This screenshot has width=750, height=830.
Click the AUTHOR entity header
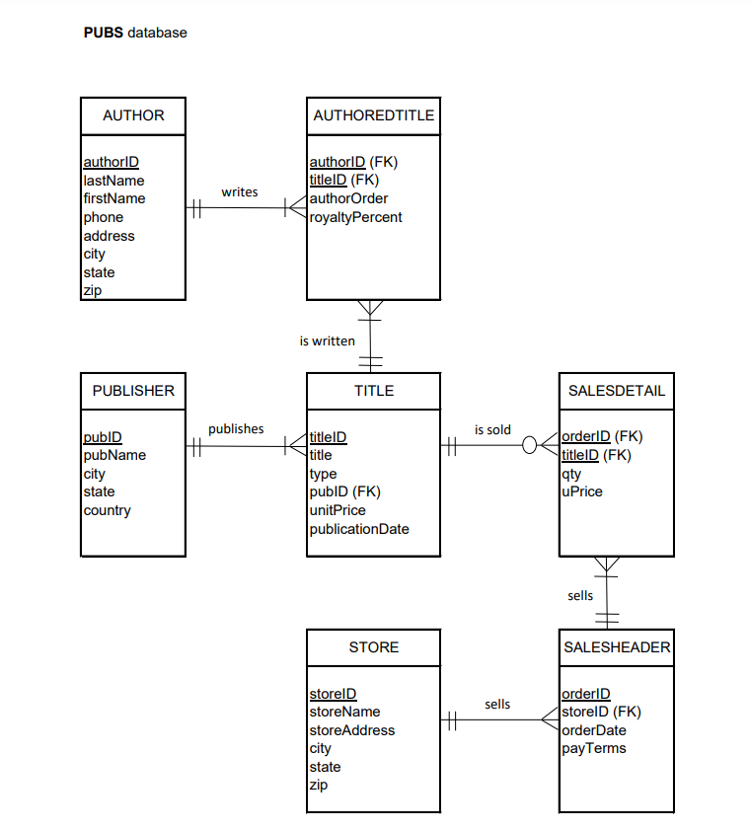tap(133, 115)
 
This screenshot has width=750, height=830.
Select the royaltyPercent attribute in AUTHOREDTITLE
tap(356, 217)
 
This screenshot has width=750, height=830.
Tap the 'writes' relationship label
tap(240, 191)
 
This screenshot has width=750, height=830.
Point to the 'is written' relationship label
tap(327, 340)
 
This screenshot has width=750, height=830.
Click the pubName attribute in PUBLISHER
tap(114, 455)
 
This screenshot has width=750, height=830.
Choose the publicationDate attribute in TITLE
tap(359, 529)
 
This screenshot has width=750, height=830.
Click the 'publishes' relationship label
tap(236, 428)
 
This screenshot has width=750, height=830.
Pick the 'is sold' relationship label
tap(492, 429)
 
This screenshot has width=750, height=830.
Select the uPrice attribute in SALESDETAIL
tap(582, 491)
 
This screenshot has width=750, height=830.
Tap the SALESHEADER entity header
tap(617, 647)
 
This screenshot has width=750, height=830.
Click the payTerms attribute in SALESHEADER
tap(594, 748)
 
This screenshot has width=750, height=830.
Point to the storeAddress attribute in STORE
tap(352, 730)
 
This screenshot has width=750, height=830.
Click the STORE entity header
tap(374, 647)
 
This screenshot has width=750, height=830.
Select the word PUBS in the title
tap(104, 33)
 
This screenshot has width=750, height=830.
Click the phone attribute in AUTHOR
tap(104, 217)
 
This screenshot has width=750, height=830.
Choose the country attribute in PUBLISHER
tap(108, 510)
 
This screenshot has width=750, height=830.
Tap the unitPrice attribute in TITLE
tap(337, 510)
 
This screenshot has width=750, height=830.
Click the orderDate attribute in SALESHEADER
tap(594, 730)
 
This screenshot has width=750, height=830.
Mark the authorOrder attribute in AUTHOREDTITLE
tap(349, 198)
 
